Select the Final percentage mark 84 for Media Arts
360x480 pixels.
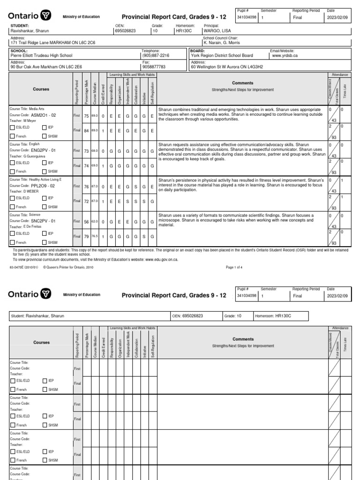pyautogui.click(x=86, y=131)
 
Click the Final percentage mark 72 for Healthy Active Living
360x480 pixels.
pyautogui.click(x=86, y=202)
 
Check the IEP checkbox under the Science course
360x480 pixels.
pyautogui.click(x=45, y=233)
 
